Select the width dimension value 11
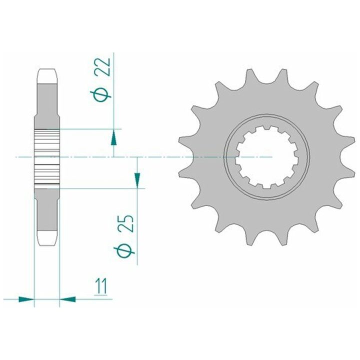pos(101,286)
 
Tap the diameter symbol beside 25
pos(124,252)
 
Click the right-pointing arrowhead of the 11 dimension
pos(26,299)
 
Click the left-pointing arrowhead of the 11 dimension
pos(67,299)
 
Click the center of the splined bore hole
pos(267,157)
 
